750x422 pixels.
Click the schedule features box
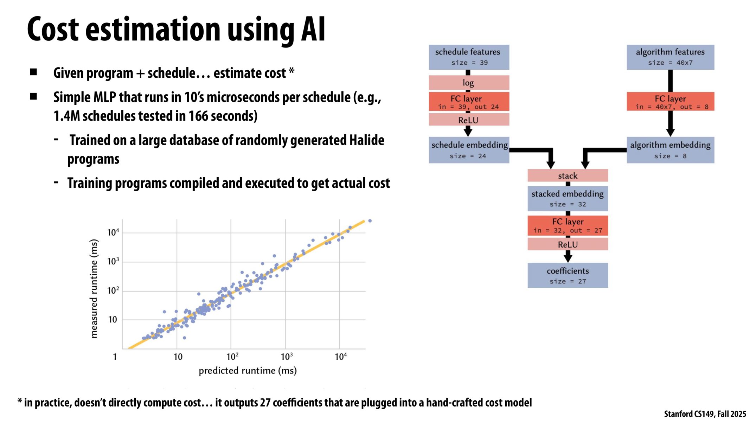[x=468, y=57]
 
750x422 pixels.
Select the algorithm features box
[x=670, y=57]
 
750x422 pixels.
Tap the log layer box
[x=468, y=83]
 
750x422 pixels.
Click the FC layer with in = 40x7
[x=670, y=102]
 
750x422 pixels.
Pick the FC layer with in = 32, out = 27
[x=567, y=225]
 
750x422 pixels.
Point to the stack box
[x=567, y=175]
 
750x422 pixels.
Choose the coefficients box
[x=567, y=275]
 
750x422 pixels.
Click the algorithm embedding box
[x=670, y=150]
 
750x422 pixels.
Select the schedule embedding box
[x=468, y=150]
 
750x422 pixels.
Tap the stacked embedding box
[x=567, y=198]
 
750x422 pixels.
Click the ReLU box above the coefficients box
[x=567, y=244]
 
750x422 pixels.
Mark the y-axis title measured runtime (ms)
[x=94, y=289]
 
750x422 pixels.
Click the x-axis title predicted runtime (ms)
[x=248, y=371]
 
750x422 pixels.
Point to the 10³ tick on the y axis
[x=113, y=262]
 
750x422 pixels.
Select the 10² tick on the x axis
[x=232, y=357]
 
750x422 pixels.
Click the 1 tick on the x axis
[x=115, y=357]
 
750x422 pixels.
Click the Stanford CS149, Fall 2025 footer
[x=705, y=414]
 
